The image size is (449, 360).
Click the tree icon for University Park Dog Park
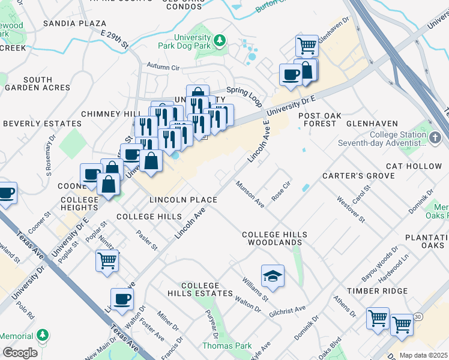pyautogui.click(x=220, y=41)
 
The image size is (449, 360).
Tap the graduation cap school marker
pyautogui.click(x=273, y=275)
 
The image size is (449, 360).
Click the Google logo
pyautogui.click(x=20, y=353)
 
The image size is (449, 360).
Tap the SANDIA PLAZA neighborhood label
pyautogui.click(x=75, y=24)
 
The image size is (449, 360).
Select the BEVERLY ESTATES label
pyautogui.click(x=42, y=124)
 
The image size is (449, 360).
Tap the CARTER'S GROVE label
pyautogui.click(x=358, y=176)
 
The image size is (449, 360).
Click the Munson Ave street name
pyautogui.click(x=250, y=194)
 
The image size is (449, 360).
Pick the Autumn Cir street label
pyautogui.click(x=163, y=68)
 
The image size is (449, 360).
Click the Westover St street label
pyautogui.click(x=351, y=209)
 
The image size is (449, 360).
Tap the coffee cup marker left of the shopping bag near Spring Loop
pyautogui.click(x=292, y=75)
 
